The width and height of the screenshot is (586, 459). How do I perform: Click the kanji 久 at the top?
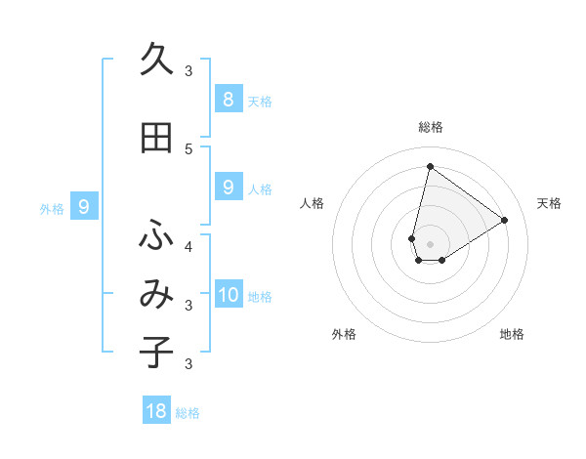click(156, 60)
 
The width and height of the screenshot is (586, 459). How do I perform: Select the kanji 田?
click(156, 138)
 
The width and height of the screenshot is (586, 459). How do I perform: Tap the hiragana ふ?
click(156, 235)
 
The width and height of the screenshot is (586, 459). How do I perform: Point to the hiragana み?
click(156, 294)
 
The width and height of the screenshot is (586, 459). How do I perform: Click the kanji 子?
click(156, 352)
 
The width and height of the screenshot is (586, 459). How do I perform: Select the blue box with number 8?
click(228, 99)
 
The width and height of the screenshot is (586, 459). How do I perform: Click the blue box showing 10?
click(228, 295)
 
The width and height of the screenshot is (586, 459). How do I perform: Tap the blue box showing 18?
click(156, 411)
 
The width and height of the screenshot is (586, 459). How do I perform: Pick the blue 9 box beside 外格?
click(84, 206)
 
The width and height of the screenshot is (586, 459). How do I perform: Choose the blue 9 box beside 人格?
click(228, 188)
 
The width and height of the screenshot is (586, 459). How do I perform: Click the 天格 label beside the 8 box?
click(260, 102)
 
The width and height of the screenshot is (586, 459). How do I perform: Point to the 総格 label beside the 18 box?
click(188, 414)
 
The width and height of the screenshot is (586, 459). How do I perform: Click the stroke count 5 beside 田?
click(188, 148)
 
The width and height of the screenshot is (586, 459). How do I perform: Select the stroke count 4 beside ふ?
click(188, 246)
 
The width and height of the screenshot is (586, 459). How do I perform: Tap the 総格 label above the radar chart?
click(431, 127)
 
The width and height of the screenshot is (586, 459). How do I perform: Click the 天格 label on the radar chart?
click(550, 203)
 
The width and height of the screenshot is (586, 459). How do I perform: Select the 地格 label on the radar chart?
click(512, 334)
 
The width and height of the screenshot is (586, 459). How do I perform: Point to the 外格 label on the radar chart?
click(344, 334)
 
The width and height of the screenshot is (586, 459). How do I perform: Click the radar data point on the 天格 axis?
click(505, 220)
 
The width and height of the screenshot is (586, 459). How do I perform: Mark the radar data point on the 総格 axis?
click(430, 166)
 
